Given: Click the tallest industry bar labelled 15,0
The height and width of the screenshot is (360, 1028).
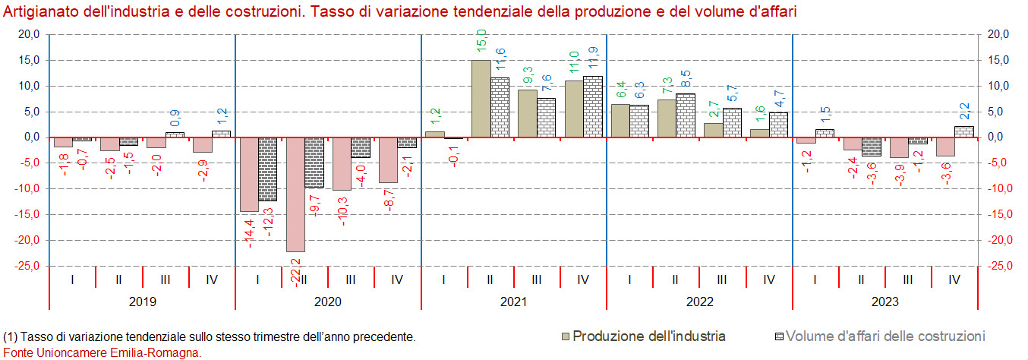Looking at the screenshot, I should tap(481, 99).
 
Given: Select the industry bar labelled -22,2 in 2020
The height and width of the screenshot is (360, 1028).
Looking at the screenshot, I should tap(295, 194).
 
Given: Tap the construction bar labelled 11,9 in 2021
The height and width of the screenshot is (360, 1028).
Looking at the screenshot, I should tap(593, 106).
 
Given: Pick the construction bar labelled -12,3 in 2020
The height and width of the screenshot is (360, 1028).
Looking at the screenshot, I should tap(268, 169).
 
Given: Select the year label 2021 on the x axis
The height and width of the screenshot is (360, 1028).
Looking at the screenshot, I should tap(513, 302).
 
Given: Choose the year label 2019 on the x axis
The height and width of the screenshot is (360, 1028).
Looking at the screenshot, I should tap(142, 302).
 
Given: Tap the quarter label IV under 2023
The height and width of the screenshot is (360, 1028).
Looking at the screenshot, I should tap(954, 279).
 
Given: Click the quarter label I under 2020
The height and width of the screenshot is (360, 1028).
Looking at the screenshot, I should tap(257, 279).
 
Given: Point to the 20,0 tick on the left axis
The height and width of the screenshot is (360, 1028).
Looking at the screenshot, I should tap(29, 34).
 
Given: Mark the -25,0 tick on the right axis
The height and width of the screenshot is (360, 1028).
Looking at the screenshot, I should tap(998, 266).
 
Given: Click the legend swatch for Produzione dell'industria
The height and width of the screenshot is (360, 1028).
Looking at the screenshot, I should tap(566, 336).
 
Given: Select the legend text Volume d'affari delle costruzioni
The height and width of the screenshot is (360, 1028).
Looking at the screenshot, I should tap(885, 336).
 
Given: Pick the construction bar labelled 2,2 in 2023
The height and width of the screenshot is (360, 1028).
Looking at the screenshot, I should tap(963, 131).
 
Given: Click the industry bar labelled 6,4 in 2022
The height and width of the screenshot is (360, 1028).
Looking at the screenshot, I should tap(620, 121).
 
